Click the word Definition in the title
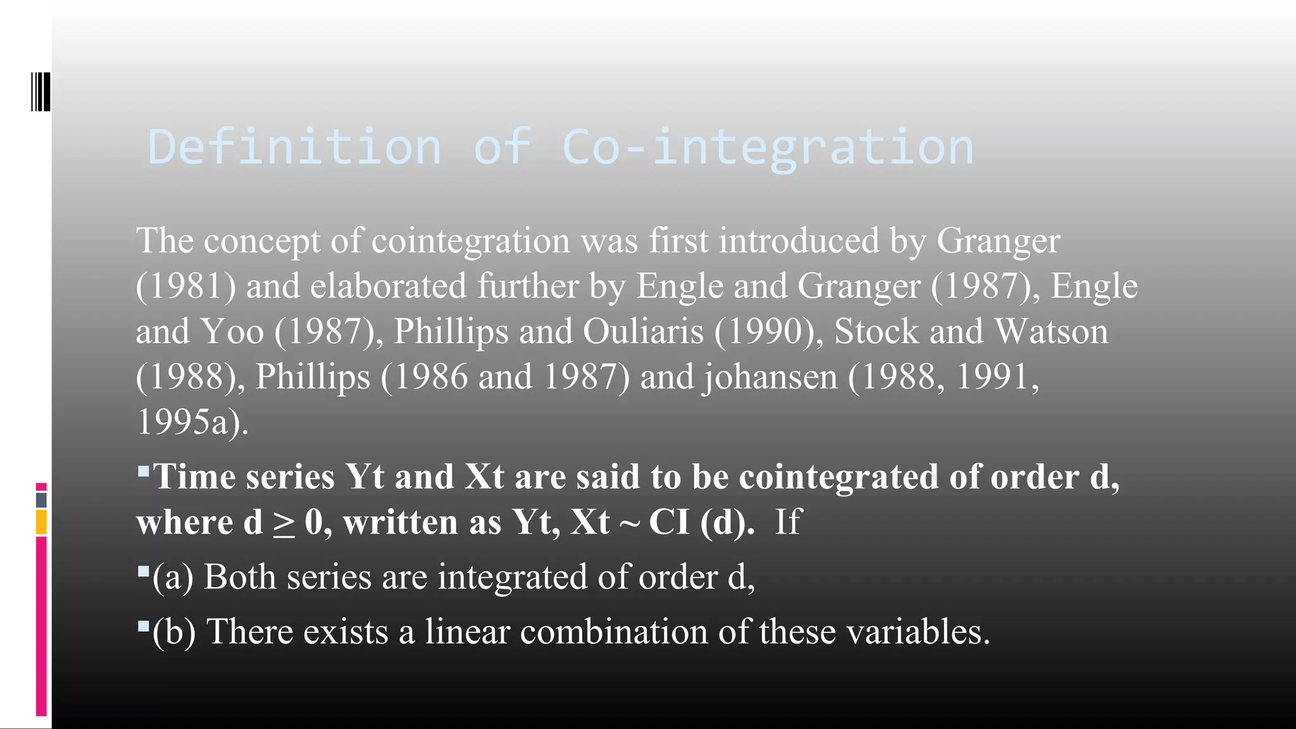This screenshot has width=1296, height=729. [294, 147]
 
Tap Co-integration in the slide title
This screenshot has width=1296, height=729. [767, 147]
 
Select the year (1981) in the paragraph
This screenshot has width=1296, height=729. [186, 286]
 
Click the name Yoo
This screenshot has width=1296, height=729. [232, 332]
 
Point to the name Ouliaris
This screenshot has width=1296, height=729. [643, 332]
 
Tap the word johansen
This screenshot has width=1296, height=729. [771, 377]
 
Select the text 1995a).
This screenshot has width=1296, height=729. [192, 422]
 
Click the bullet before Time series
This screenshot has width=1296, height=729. [143, 471]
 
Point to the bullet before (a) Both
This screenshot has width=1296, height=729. [143, 572]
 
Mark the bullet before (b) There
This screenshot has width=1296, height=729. [143, 626]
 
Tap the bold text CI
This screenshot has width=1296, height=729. [669, 523]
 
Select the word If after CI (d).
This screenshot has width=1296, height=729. [788, 523]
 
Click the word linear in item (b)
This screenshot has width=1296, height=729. [466, 632]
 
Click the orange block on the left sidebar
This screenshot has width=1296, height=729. [41, 523]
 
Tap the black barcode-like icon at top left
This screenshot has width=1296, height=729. [40, 92]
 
